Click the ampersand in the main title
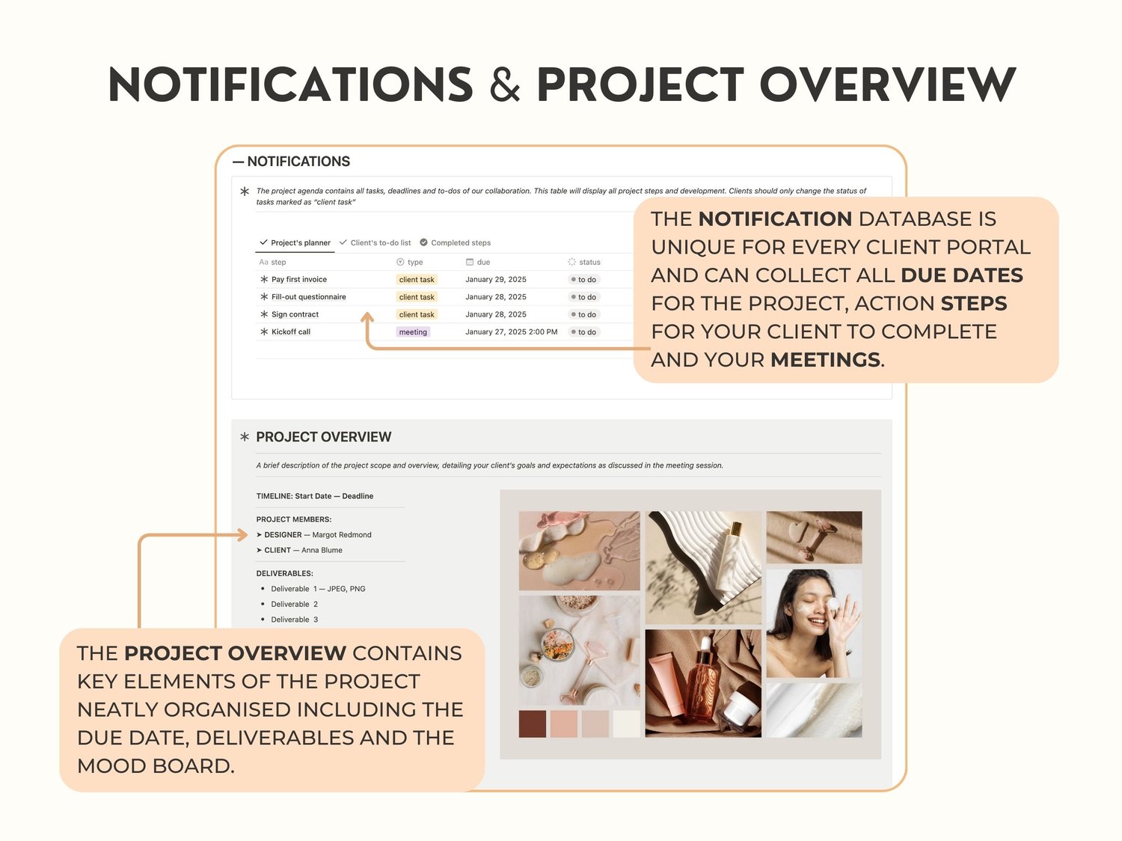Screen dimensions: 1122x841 coord(504,85)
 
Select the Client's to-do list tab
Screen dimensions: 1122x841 coord(375,243)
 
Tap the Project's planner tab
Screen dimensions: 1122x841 coord(295,243)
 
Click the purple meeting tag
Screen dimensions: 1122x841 coord(413,331)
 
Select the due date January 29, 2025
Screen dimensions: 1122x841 coord(496,280)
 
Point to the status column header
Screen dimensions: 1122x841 coord(584,263)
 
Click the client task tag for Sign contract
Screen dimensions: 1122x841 coord(417,314)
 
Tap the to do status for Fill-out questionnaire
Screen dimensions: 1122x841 coord(583,297)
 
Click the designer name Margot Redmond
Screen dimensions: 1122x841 coord(341,535)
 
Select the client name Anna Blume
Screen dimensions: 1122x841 coord(322,550)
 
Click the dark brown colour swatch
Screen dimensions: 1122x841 coord(532,724)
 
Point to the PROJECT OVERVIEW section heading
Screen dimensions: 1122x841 coord(324,437)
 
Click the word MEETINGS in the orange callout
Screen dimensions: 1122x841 coord(825,360)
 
